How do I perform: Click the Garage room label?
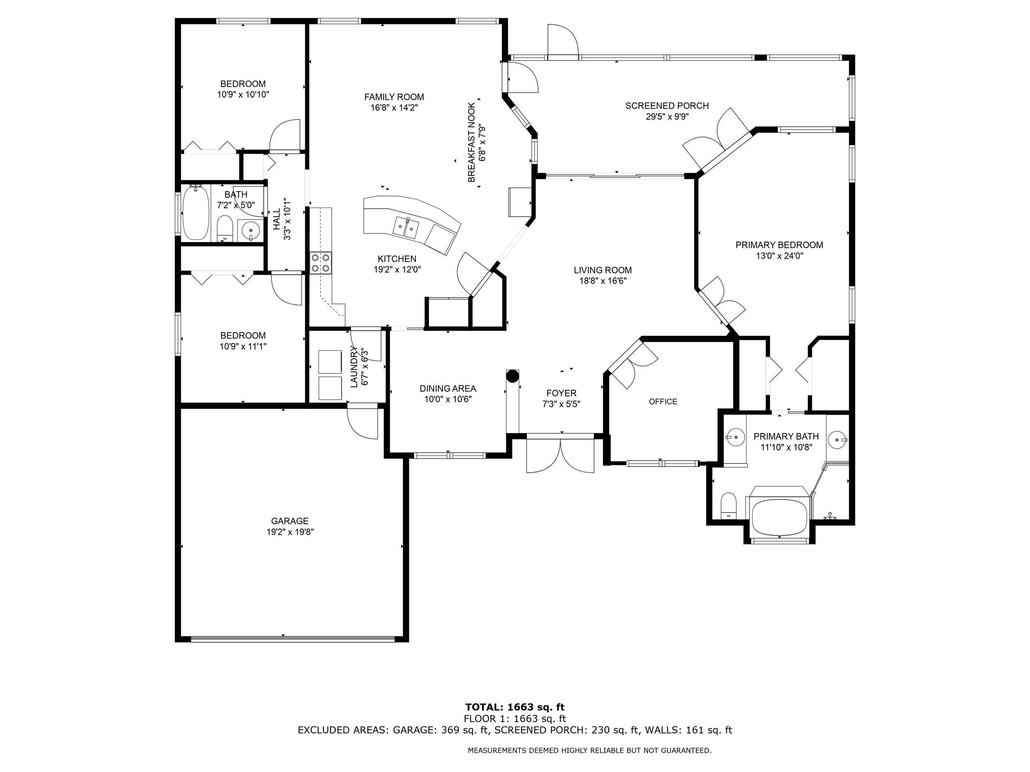pos(290,521)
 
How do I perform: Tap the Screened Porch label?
pos(667,106)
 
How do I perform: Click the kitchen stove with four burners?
pos(321,262)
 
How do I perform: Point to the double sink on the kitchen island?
pos(405,228)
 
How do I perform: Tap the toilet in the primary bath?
pos(728,506)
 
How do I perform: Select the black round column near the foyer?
pos(512,376)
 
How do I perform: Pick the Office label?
pos(662,401)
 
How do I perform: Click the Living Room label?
pos(602,270)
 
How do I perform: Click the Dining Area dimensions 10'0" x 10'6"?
pos(447,399)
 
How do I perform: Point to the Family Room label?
pos(394,97)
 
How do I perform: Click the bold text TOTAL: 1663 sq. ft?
pos(515,707)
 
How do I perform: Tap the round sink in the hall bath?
pos(251,230)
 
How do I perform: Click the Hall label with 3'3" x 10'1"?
pos(282,219)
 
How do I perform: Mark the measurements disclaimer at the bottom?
pos(590,750)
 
